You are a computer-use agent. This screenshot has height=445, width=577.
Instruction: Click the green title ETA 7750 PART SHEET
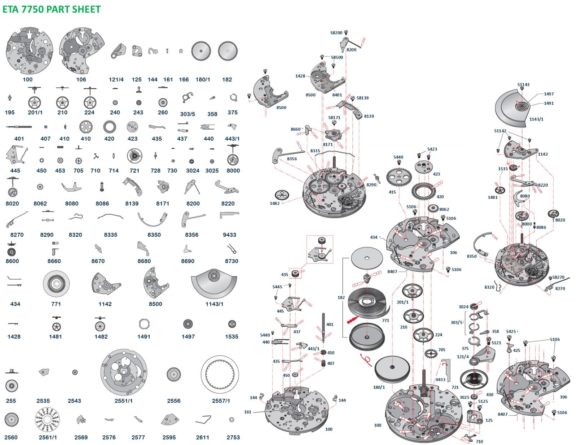click(52, 9)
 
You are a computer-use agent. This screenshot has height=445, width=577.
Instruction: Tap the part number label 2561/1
click(48, 437)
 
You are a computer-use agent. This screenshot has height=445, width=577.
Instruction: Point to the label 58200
click(336, 33)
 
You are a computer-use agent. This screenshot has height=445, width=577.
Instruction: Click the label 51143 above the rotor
click(523, 85)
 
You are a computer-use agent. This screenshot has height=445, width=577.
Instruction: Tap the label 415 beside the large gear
click(392, 192)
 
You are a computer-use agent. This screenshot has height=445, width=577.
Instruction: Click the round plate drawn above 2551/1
click(124, 373)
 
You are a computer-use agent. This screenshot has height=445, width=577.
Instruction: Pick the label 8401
click(337, 95)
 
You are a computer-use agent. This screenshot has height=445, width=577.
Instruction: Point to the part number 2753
click(233, 437)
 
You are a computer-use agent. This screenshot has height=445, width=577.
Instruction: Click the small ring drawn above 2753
click(232, 419)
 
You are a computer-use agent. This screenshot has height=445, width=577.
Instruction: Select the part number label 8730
click(232, 261)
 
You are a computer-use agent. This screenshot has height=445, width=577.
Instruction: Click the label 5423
click(432, 149)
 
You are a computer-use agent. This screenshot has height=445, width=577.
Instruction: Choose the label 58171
click(334, 118)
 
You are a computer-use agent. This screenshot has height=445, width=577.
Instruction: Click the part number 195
click(10, 112)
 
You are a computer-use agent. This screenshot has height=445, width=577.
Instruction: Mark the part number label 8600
click(12, 261)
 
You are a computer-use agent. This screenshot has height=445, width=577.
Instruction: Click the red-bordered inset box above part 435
click(320, 249)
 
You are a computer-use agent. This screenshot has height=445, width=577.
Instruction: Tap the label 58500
click(337, 57)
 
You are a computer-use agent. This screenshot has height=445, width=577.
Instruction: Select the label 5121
click(496, 343)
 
